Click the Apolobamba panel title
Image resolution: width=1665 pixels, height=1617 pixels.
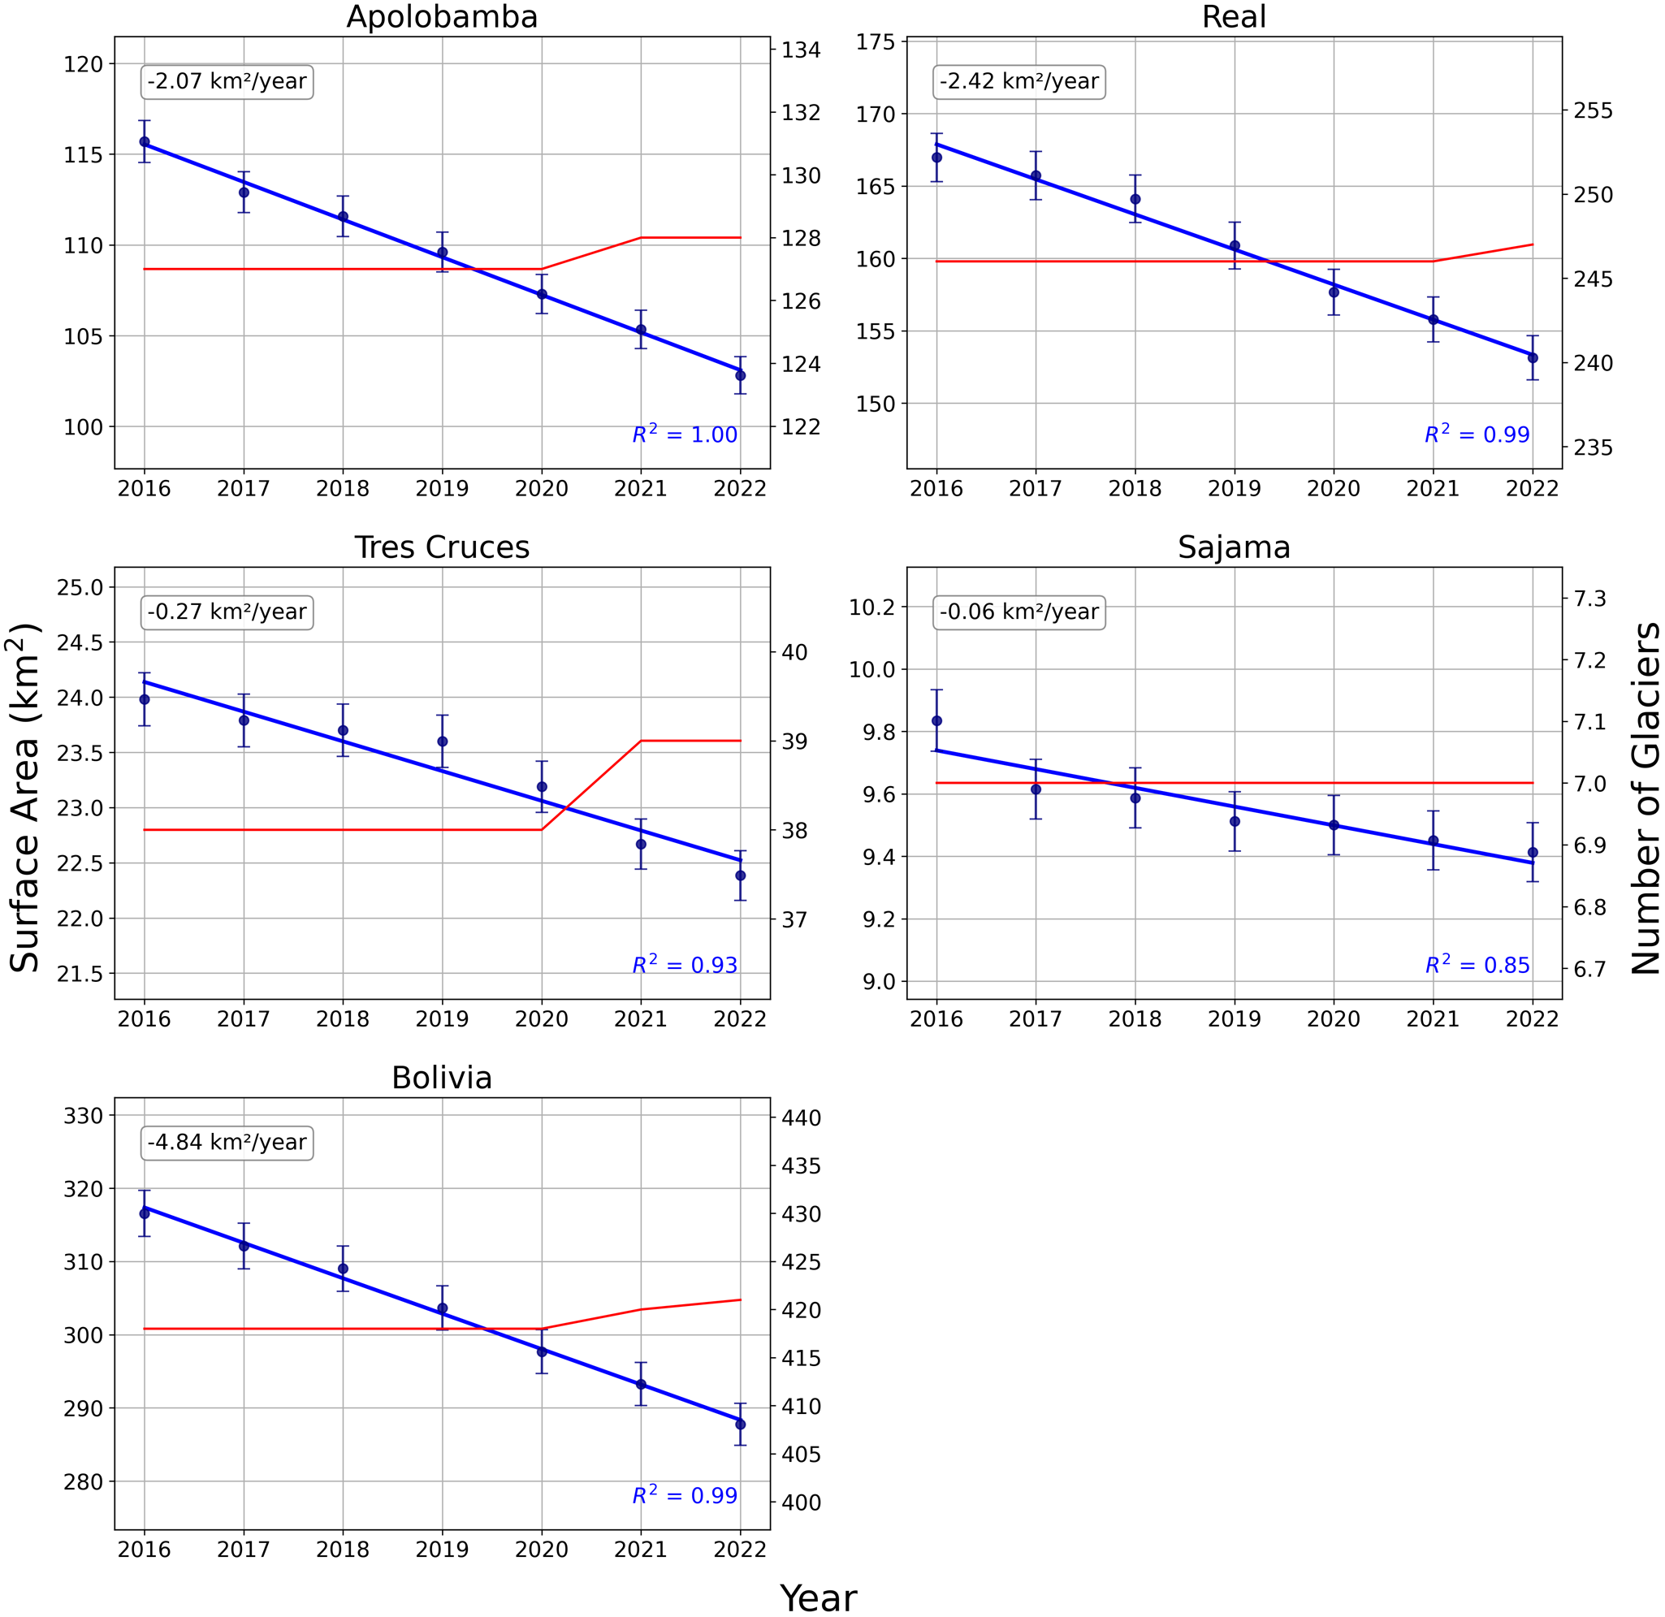[x=442, y=17]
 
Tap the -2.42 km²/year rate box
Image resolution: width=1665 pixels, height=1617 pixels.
[x=1018, y=81]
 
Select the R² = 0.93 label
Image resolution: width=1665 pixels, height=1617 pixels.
[x=685, y=965]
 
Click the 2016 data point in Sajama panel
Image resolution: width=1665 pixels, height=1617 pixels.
[x=936, y=720]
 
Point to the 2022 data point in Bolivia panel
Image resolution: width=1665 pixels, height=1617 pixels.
[x=740, y=1424]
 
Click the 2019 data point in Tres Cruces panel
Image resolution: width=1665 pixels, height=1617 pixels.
[x=442, y=741]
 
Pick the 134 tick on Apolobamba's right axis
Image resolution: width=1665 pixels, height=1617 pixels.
[x=801, y=50]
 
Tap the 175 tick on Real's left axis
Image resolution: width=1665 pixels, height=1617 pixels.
[x=876, y=41]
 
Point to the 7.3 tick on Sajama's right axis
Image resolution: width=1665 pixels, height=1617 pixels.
[x=1589, y=599]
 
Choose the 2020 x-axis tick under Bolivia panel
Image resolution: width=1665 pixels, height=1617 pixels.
[x=541, y=1550]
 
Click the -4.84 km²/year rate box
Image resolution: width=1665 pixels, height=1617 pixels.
[x=227, y=1142]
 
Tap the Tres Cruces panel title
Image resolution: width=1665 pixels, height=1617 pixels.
[x=442, y=547]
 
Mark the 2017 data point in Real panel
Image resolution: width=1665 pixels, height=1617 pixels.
[x=1036, y=175]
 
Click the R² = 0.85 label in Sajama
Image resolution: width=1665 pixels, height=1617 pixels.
[x=1477, y=965]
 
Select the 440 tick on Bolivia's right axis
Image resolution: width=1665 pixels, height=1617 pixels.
[x=801, y=1118]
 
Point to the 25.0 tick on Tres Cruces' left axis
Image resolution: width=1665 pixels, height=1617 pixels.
[x=80, y=588]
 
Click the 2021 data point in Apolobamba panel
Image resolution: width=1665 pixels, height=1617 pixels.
[x=641, y=330]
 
